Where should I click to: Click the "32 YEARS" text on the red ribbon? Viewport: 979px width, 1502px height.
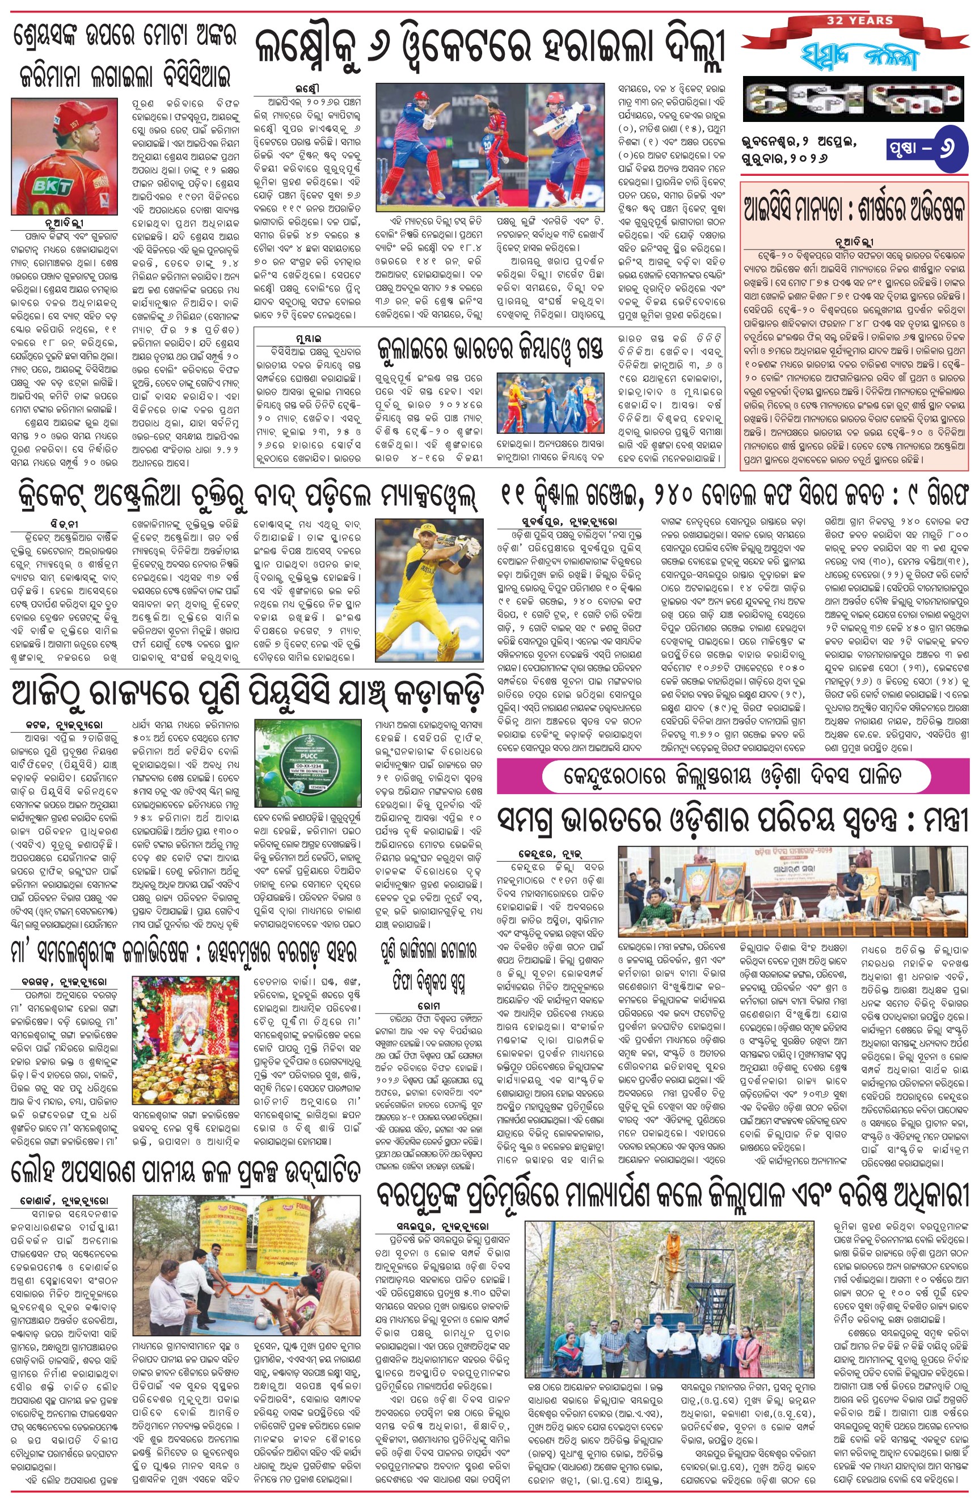point(860,21)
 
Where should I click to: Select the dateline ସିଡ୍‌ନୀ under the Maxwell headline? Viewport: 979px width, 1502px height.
point(64,525)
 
